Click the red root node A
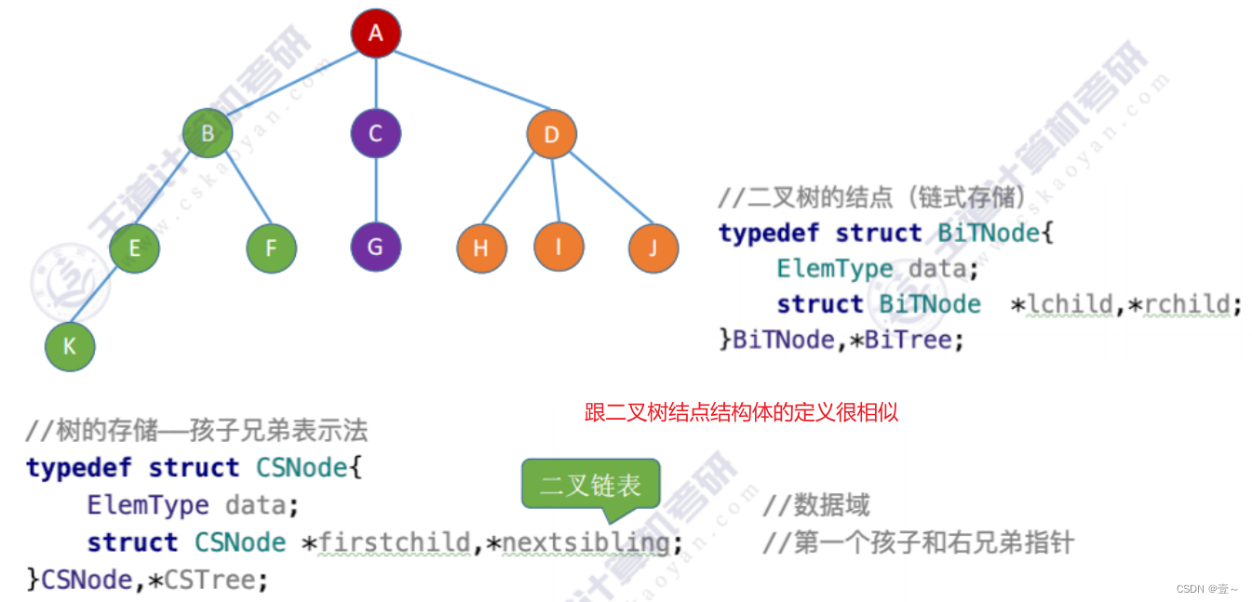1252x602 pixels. [375, 33]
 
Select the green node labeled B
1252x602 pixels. [207, 134]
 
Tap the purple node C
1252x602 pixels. [375, 134]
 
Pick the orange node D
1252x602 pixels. [551, 135]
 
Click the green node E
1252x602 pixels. [134, 248]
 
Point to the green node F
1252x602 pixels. [272, 248]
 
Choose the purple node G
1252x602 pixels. [375, 247]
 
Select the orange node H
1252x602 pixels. [481, 248]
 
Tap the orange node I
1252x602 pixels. [559, 247]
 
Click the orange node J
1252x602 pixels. [653, 248]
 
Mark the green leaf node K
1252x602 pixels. [70, 347]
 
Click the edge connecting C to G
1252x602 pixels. [375, 191]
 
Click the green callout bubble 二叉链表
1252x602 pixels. [590, 485]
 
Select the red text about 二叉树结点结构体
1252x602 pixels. [741, 412]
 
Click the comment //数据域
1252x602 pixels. [815, 505]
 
